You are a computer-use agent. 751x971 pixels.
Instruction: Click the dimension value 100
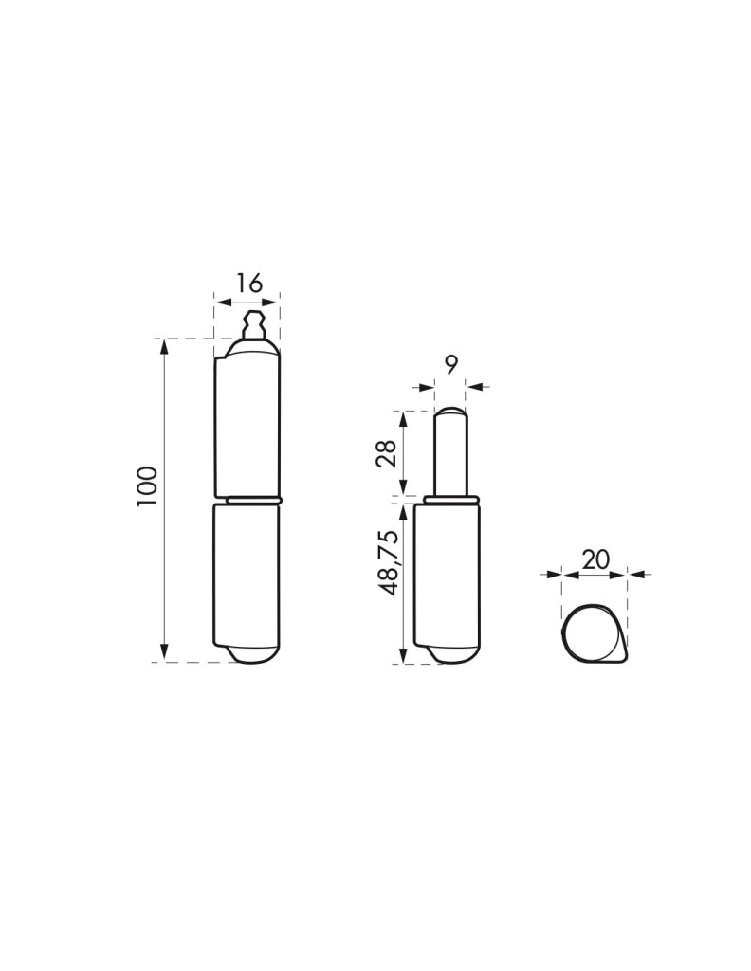(x=149, y=486)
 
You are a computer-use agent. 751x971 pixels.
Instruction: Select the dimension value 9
(x=450, y=365)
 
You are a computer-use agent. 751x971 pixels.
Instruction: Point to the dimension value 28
(x=386, y=455)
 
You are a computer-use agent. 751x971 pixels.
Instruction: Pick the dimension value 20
(x=596, y=559)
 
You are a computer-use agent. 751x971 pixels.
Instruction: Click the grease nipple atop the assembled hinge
(x=253, y=325)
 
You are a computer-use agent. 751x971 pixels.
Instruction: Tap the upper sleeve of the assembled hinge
(x=247, y=420)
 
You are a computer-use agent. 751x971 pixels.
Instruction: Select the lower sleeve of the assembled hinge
(x=247, y=576)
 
